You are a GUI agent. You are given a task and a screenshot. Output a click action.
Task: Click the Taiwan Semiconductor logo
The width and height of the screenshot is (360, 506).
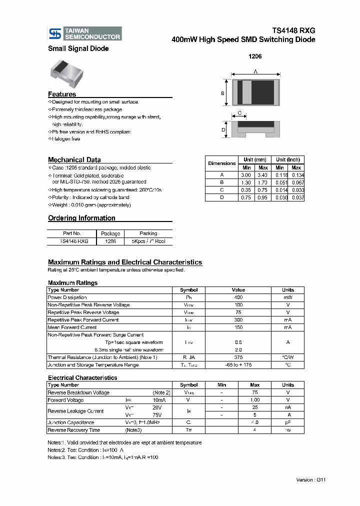84,33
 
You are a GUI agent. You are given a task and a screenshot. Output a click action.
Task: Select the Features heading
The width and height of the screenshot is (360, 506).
62,94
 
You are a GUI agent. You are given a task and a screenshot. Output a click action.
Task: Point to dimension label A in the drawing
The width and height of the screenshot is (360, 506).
255,72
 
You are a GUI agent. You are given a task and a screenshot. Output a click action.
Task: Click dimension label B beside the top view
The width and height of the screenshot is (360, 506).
222,93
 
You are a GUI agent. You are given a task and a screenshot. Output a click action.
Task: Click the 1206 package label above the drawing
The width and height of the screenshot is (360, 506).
255,56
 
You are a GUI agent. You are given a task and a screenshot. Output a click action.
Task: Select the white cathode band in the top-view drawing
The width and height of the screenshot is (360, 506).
246,92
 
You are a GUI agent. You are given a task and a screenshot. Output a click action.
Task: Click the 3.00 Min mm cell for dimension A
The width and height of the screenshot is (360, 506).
246,175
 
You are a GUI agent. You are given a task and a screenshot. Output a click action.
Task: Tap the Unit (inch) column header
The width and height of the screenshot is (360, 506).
288,159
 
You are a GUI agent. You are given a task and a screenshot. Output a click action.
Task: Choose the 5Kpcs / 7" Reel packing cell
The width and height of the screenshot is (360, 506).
148,241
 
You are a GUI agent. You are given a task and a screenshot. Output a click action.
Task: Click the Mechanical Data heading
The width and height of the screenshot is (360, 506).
74,160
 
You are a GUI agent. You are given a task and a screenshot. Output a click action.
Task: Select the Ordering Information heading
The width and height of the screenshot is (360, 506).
81,218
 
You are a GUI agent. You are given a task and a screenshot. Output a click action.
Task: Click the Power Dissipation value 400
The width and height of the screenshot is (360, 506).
238,297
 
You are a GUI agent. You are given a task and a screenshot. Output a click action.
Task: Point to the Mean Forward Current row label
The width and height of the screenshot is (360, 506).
72,327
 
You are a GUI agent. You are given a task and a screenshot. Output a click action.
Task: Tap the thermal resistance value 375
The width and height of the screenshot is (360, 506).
238,357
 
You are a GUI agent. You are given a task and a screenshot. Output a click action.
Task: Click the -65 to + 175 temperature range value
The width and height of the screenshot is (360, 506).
238,365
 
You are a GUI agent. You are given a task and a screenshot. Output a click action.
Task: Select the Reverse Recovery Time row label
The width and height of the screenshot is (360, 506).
73,430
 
